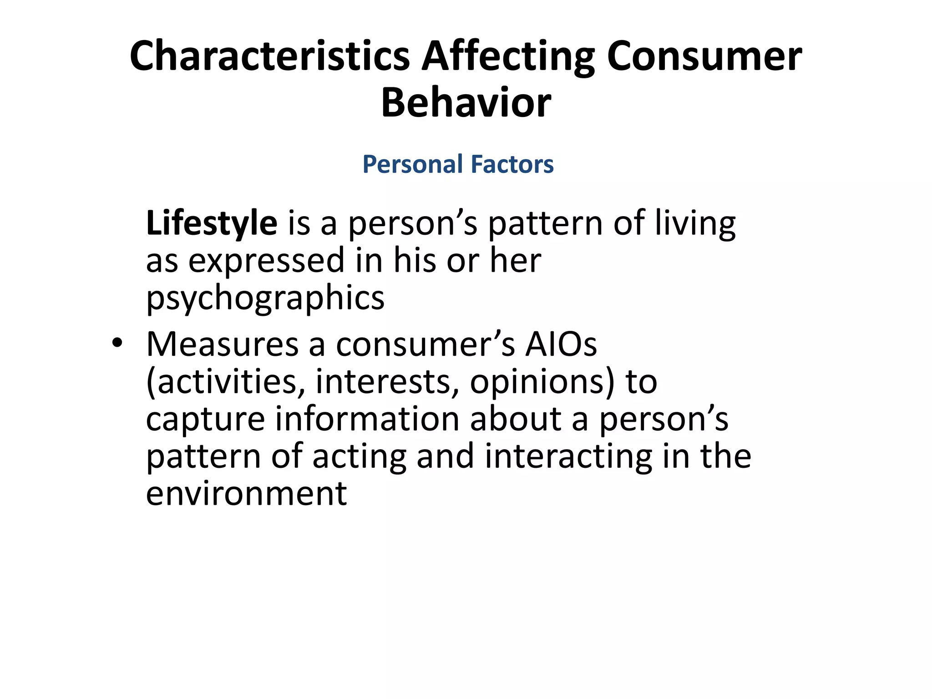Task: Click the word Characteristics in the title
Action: point(269,56)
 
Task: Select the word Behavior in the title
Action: point(466,103)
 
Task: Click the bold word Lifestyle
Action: point(212,223)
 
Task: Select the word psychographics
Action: point(265,299)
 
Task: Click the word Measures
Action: point(222,344)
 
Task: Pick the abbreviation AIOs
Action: point(561,344)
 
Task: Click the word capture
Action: point(205,420)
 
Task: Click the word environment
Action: point(246,494)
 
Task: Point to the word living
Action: point(695,223)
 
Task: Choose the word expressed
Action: point(267,261)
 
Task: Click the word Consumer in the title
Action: point(704,56)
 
